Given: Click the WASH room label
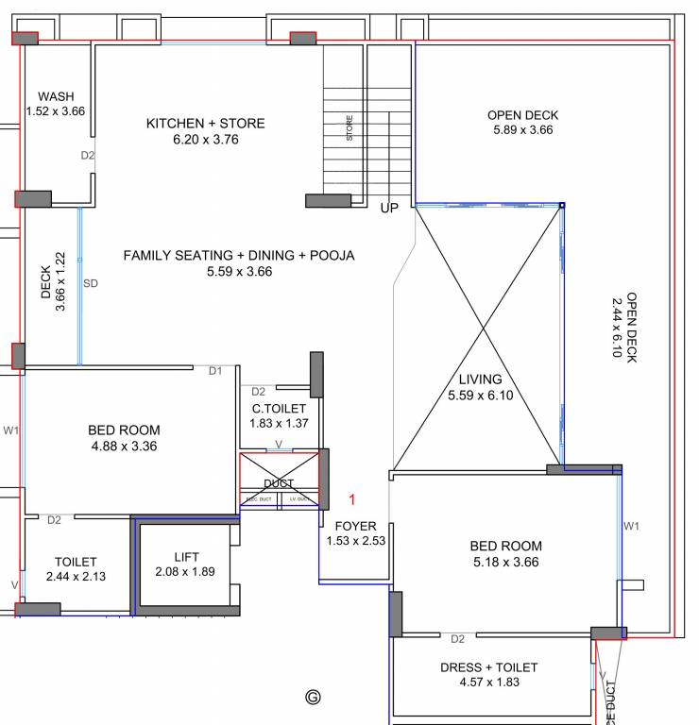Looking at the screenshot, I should (x=56, y=96).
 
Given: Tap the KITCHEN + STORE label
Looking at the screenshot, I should (x=205, y=124).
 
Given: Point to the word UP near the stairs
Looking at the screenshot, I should (x=389, y=208).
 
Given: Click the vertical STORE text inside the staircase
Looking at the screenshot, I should (x=349, y=127).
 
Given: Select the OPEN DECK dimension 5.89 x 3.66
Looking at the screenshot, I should (x=522, y=130).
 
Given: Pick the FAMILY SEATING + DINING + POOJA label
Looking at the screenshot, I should (x=239, y=255).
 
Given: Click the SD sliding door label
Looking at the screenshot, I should (x=91, y=282).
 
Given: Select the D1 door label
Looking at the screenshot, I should (x=215, y=371).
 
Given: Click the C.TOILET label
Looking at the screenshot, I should (x=279, y=408).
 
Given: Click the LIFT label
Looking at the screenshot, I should (x=186, y=556).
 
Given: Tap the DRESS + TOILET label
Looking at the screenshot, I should (x=488, y=667).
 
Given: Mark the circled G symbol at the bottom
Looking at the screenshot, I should (x=313, y=698).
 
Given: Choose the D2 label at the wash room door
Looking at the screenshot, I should (x=87, y=155).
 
